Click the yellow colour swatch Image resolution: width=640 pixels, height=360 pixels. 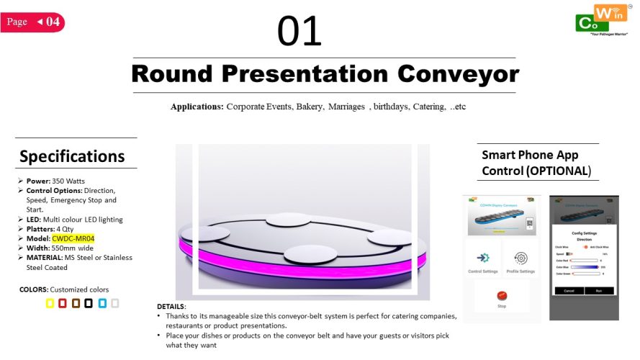click(x=50, y=303)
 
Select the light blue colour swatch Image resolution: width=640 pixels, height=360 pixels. click(x=102, y=303)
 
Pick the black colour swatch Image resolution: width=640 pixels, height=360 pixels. click(x=88, y=303)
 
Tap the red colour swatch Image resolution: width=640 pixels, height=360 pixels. click(x=63, y=303)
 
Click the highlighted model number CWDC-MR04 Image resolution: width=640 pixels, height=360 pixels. click(x=73, y=238)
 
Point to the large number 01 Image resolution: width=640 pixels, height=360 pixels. click(x=299, y=32)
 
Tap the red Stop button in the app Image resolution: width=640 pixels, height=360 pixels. click(x=502, y=296)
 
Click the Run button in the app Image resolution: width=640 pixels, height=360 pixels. click(x=598, y=290)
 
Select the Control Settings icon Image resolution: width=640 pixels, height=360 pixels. click(x=483, y=258)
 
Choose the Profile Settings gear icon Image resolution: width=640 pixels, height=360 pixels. click(x=520, y=258)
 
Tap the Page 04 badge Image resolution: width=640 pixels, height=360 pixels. click(x=33, y=22)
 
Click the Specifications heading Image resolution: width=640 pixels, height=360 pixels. click(x=72, y=156)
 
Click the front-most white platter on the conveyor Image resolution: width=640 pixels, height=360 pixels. click(x=309, y=254)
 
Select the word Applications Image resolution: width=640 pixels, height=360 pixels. click(x=197, y=107)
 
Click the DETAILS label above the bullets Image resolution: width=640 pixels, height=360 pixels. click(x=171, y=306)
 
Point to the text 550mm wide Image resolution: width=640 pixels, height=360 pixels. click(x=69, y=248)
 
